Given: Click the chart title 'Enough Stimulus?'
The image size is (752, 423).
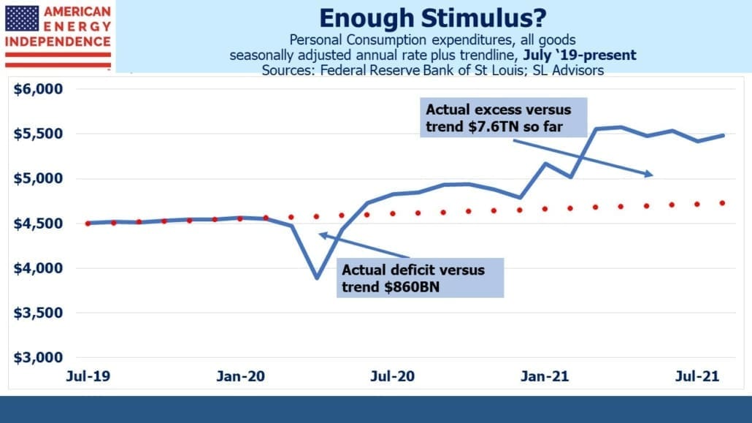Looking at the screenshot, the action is (x=433, y=18).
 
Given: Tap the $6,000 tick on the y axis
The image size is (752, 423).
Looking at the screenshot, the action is (x=38, y=89).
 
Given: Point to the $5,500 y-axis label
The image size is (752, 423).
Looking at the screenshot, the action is (x=38, y=134).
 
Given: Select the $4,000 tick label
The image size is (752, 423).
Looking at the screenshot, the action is (x=38, y=268).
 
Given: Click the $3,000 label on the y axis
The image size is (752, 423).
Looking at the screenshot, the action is (x=38, y=357).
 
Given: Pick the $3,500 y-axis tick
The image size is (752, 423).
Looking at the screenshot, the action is (x=38, y=313).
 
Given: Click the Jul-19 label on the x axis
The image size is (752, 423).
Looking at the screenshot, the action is (x=88, y=376).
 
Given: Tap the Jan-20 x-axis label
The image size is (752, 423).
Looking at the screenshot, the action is (x=240, y=376).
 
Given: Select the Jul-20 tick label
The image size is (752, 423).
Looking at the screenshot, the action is (x=392, y=376).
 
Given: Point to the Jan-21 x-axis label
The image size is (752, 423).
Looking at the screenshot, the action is (x=545, y=376).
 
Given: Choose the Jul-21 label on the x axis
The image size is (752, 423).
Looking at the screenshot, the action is (x=697, y=376).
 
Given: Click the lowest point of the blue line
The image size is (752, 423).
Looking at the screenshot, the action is (x=317, y=278).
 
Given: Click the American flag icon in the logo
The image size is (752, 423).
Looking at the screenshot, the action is (x=22, y=19).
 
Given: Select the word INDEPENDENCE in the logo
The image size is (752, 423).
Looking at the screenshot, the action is (x=58, y=42).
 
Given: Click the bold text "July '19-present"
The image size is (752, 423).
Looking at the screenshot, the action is (x=580, y=56).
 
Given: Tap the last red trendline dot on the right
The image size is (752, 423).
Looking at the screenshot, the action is (x=722, y=203).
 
